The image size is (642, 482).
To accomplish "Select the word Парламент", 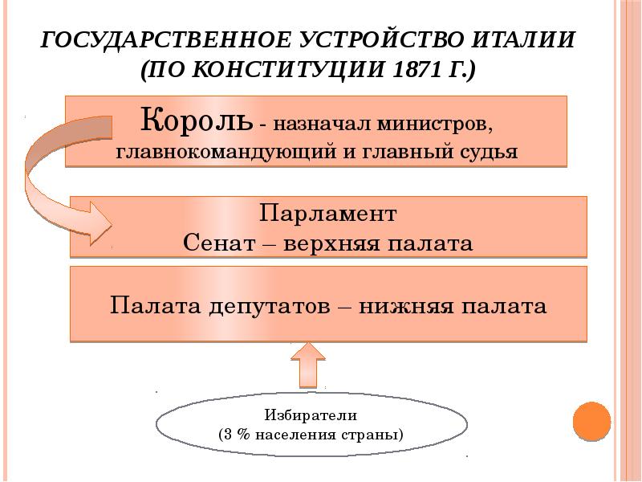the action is pos(328,214).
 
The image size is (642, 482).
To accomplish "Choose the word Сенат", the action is pos(217,241).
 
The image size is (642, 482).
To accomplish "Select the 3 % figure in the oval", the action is pos(237,435).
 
